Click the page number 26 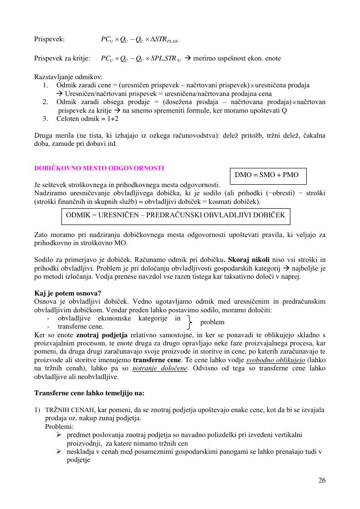(322, 481)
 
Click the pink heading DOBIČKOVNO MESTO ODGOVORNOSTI (99, 168)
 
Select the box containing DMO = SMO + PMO (268, 176)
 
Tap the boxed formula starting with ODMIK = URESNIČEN (176, 215)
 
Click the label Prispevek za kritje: (62, 59)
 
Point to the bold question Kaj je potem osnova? (68, 293)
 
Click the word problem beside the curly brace (212, 322)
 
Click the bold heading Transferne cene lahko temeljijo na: (89, 393)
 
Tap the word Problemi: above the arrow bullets (59, 426)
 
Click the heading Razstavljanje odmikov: (68, 77)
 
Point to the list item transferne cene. (80, 326)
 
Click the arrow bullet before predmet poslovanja (59, 435)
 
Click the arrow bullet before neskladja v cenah (59, 451)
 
